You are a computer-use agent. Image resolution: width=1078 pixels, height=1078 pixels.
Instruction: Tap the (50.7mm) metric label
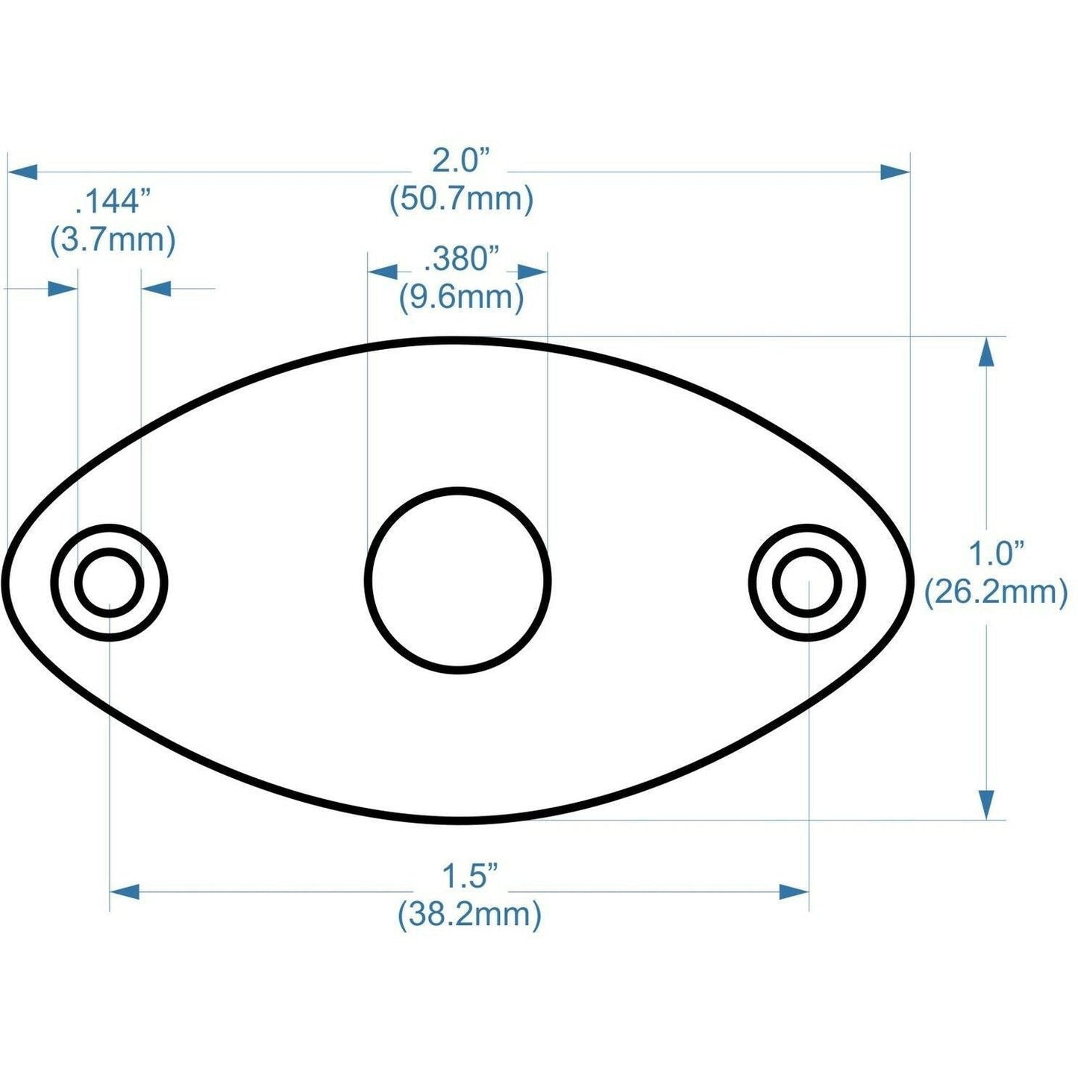461,200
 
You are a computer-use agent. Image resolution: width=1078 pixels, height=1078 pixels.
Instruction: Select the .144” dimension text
113,202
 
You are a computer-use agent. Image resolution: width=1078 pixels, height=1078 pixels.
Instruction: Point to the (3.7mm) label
113,241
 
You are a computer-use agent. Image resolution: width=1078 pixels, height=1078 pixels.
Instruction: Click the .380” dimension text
460,260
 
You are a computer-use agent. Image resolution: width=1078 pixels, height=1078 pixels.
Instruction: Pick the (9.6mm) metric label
461,298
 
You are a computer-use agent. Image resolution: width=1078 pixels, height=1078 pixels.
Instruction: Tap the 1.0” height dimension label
995,554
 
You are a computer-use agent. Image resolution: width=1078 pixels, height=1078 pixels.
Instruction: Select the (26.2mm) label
996,593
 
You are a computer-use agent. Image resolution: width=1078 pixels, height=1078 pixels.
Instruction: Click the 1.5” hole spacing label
469,876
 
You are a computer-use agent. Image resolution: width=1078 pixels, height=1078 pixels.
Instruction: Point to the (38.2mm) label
469,914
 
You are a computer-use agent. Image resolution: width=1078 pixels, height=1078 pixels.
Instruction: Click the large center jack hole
458,580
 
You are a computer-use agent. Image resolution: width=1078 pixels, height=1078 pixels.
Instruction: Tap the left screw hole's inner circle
110,582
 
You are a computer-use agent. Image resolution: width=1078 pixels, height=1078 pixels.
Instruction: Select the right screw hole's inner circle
807,582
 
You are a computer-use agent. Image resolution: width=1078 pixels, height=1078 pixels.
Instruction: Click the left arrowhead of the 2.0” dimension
22,172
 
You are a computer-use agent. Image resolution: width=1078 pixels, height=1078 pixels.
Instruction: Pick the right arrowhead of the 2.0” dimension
894,172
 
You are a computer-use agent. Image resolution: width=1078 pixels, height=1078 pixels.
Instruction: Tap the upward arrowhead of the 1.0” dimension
986,351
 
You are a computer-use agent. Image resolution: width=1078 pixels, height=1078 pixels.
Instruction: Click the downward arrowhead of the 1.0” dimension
986,805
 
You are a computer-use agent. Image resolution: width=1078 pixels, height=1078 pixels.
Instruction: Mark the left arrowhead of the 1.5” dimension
125,891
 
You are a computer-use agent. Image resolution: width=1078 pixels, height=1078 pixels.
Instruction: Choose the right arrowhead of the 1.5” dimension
794,891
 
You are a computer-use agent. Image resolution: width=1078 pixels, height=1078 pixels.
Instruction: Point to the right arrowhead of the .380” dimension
533,272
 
